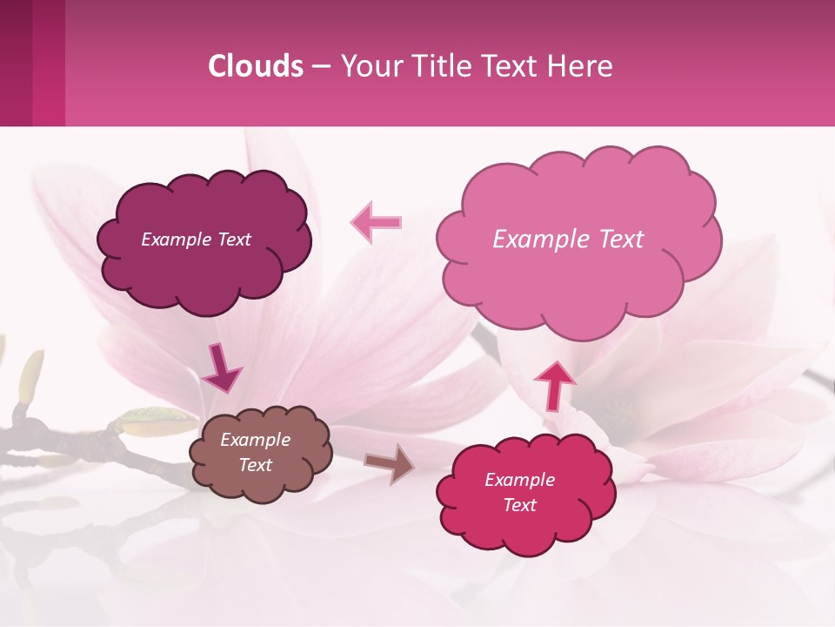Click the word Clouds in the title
coord(256,66)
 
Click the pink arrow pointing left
coord(376,222)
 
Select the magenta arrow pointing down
coord(222,368)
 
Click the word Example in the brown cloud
coord(255,440)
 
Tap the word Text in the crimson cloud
coord(519,505)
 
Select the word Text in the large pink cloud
coord(614,239)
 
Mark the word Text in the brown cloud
coord(255,465)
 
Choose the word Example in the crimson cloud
coord(519,480)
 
